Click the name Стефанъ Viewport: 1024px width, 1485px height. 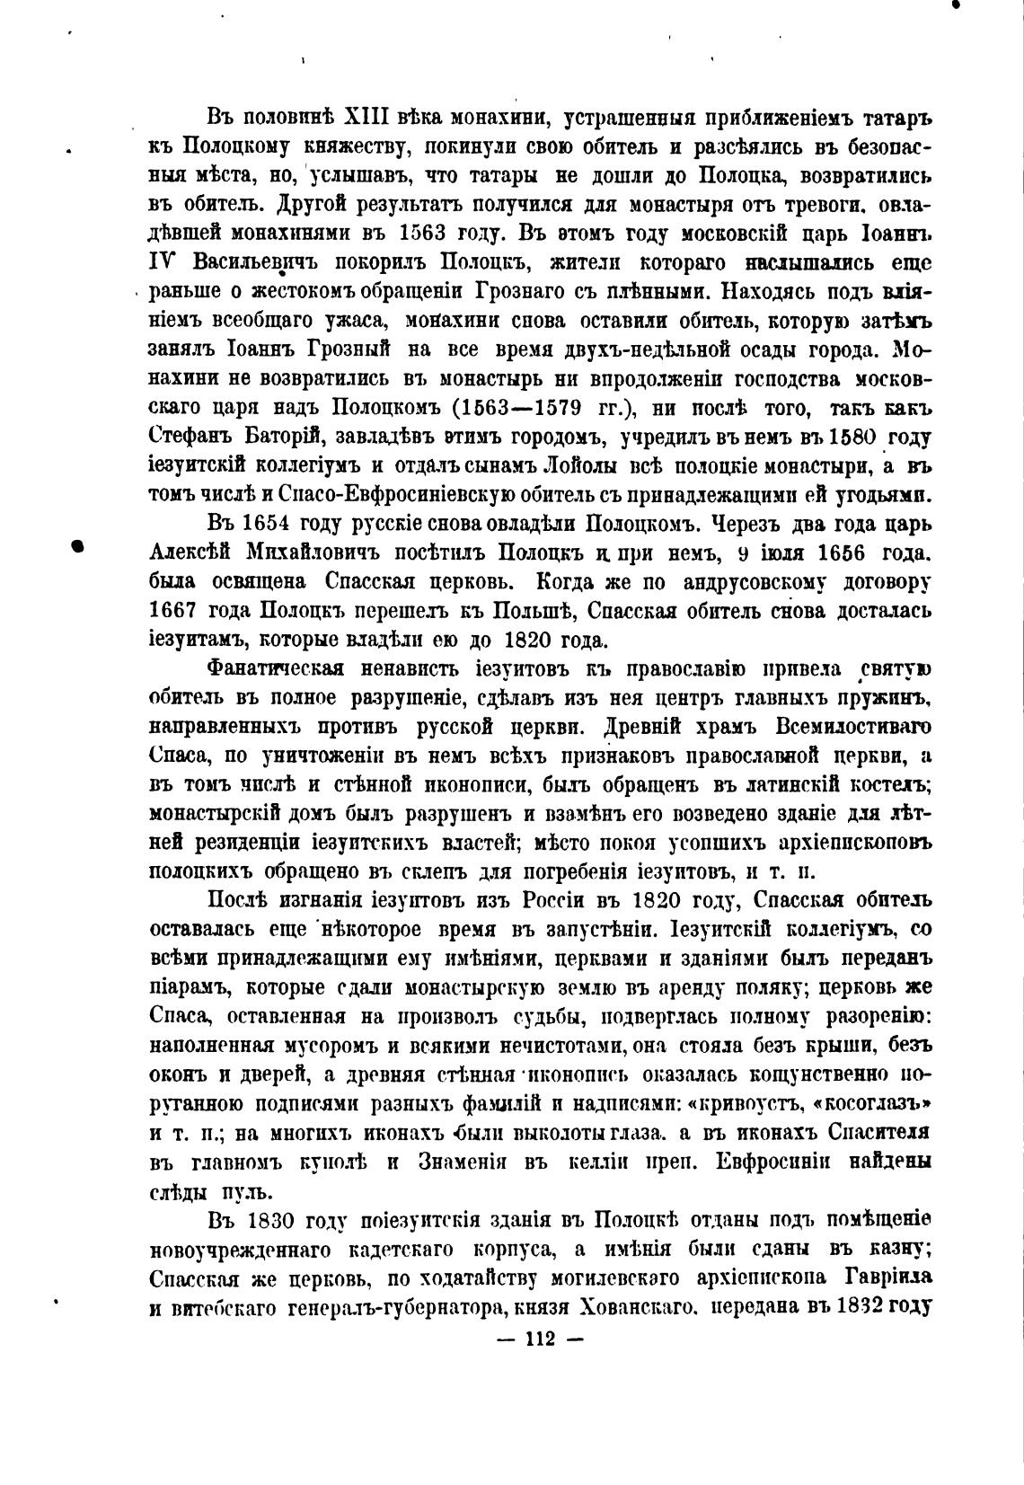pos(189,438)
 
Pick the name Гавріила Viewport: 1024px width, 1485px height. pos(886,1278)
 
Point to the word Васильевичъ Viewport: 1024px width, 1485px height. pos(258,264)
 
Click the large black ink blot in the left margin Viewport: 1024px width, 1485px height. pos(78,546)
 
